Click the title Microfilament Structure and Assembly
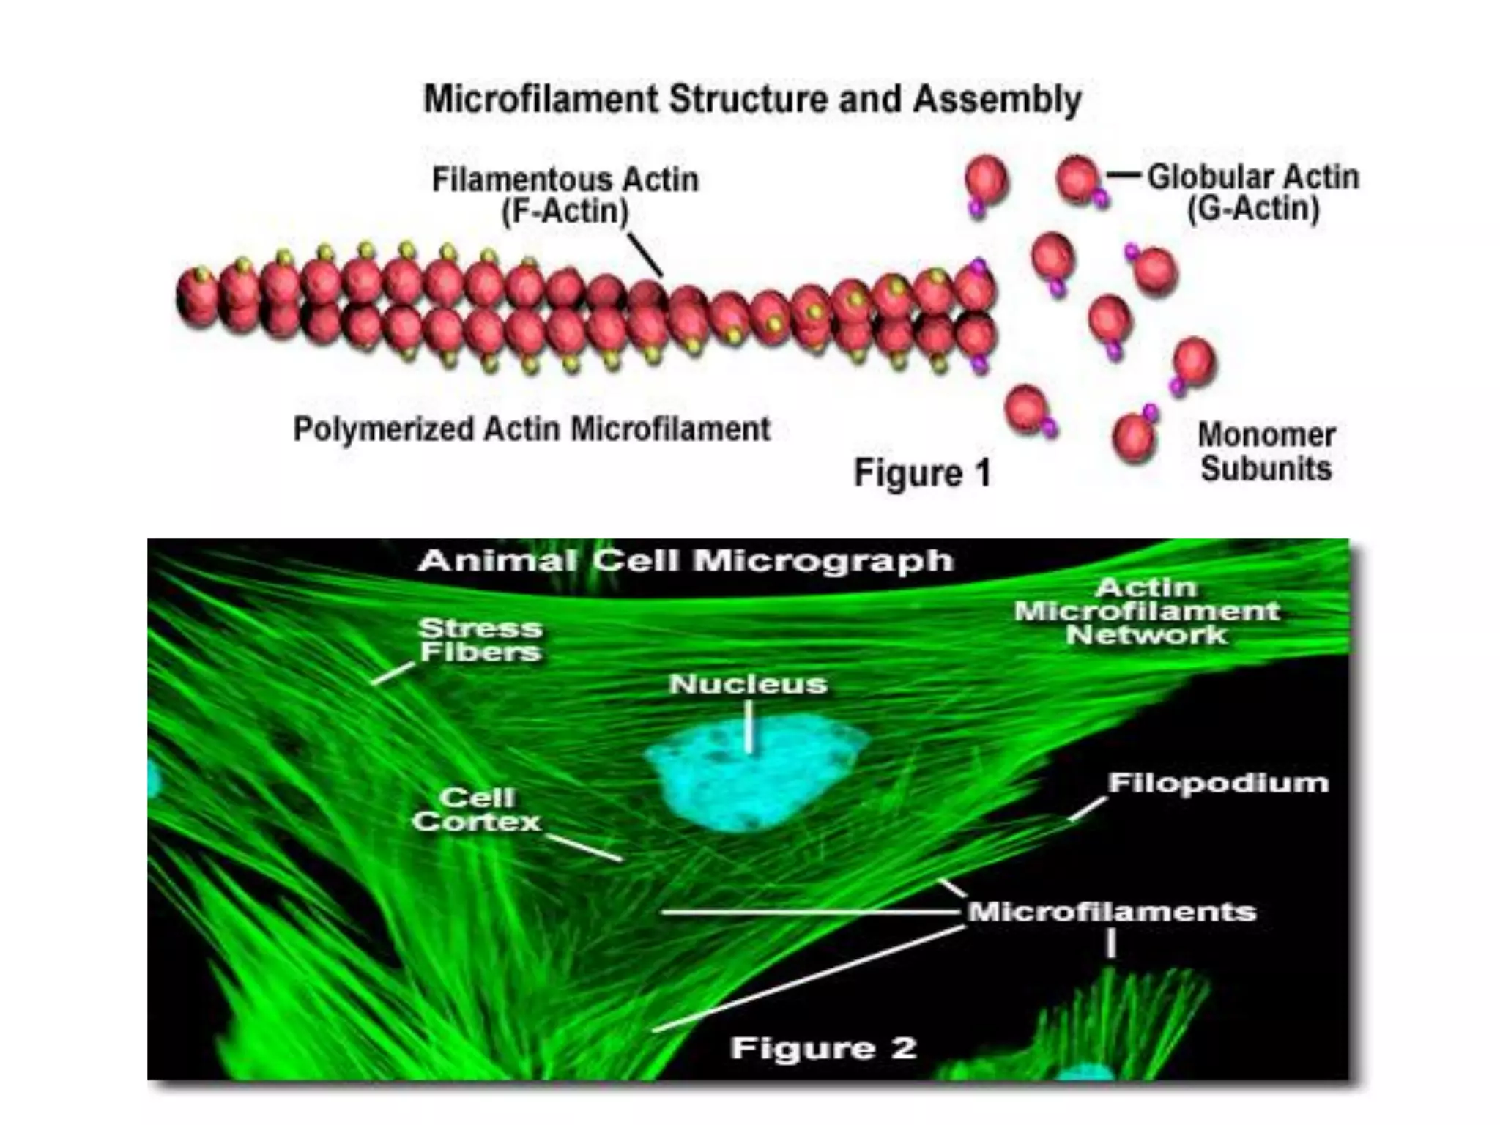point(752,100)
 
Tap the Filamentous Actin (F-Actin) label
point(565,195)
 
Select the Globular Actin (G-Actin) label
point(1252,193)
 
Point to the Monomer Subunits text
point(1266,452)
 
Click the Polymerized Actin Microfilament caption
point(532,429)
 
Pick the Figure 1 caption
point(922,472)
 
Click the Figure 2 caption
point(823,1048)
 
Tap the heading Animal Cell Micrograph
point(686,561)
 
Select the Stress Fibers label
point(480,639)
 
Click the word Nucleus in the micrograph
point(748,684)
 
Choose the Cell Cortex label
point(477,809)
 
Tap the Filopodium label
point(1218,783)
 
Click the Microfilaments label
point(1112,912)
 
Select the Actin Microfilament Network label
point(1147,611)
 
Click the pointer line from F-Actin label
point(645,253)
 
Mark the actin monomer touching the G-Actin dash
point(1078,178)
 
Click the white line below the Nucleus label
point(749,727)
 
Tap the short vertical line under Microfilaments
point(1111,943)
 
